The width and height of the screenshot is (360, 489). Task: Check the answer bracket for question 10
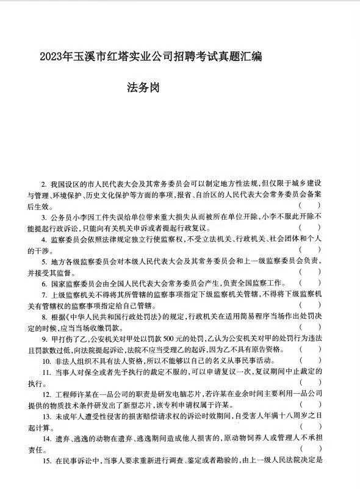point(310,361)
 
